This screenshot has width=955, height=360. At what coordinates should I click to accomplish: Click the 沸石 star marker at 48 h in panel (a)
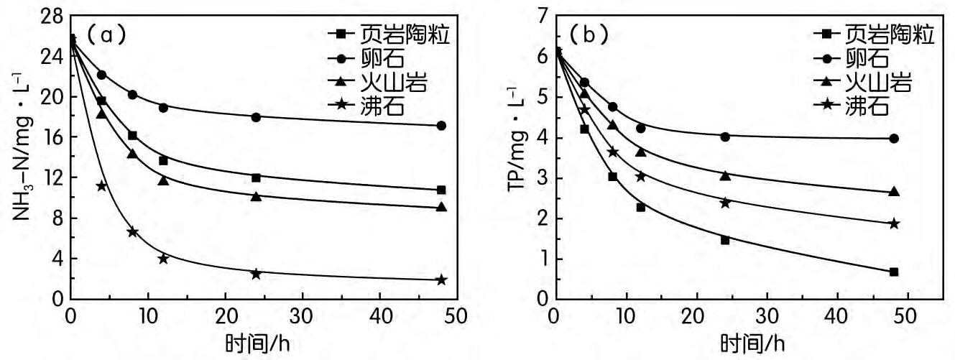tap(441, 280)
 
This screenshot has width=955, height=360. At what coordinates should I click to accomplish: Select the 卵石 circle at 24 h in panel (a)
tap(256, 117)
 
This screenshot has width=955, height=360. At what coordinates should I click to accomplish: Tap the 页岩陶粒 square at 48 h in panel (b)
tap(894, 272)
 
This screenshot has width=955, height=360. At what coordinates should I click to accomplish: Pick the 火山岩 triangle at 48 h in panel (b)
tap(894, 192)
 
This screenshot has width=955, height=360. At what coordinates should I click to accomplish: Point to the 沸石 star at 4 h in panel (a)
tap(101, 186)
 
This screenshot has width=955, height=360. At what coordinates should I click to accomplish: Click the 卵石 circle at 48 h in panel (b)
tap(894, 139)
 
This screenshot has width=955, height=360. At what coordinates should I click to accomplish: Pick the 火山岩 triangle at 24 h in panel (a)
tap(256, 195)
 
